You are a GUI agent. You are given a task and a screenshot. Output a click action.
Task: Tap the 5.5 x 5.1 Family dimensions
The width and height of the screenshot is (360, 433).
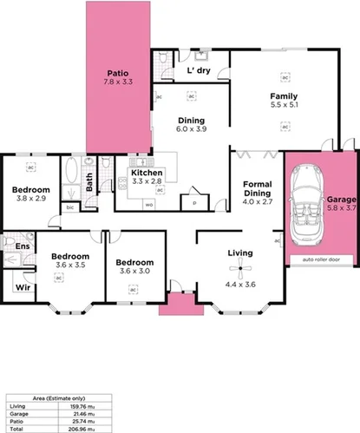click(284, 106)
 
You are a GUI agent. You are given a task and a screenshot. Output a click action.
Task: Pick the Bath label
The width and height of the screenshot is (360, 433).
click(88, 180)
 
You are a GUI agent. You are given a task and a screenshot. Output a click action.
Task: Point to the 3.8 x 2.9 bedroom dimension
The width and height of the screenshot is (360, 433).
click(30, 198)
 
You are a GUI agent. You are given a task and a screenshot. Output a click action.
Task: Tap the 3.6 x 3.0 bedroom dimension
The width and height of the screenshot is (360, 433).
click(134, 271)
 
